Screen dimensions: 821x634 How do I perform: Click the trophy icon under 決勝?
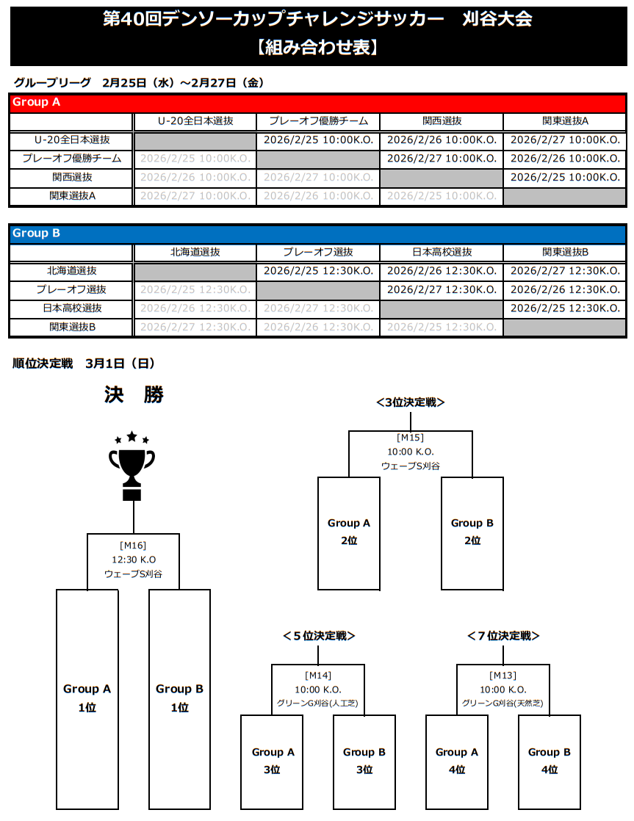pyautogui.click(x=132, y=466)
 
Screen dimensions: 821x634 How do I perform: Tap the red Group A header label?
pyautogui.click(x=36, y=102)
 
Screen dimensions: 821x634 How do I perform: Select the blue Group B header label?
pyautogui.click(x=36, y=233)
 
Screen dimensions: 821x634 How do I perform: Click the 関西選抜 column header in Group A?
pyautogui.click(x=442, y=121)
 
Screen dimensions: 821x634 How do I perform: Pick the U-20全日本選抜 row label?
pyautogui.click(x=72, y=140)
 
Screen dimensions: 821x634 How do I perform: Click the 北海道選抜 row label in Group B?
pyautogui.click(x=72, y=270)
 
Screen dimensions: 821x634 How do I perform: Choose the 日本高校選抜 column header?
pyautogui.click(x=442, y=252)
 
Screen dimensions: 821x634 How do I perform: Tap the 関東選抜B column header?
pyautogui.click(x=565, y=252)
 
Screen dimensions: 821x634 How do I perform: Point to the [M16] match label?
pyautogui.click(x=133, y=545)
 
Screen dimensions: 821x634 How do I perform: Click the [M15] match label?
pyautogui.click(x=411, y=438)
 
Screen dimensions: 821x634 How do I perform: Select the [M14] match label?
pyautogui.click(x=318, y=676)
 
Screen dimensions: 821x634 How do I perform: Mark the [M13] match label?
pyautogui.click(x=503, y=676)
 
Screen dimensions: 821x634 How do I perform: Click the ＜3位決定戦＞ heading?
pyautogui.click(x=411, y=402)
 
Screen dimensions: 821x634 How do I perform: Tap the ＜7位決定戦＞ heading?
pyautogui.click(x=503, y=636)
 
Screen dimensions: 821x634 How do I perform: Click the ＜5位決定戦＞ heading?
pyautogui.click(x=318, y=636)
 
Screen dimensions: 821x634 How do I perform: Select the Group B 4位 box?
pyautogui.click(x=549, y=761)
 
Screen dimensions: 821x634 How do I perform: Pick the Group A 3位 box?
pyautogui.click(x=273, y=761)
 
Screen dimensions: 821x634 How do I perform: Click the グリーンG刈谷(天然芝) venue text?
pyautogui.click(x=503, y=704)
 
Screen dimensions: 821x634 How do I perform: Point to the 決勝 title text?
pyautogui.click(x=134, y=395)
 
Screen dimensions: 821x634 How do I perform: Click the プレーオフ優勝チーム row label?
pyautogui.click(x=72, y=159)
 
